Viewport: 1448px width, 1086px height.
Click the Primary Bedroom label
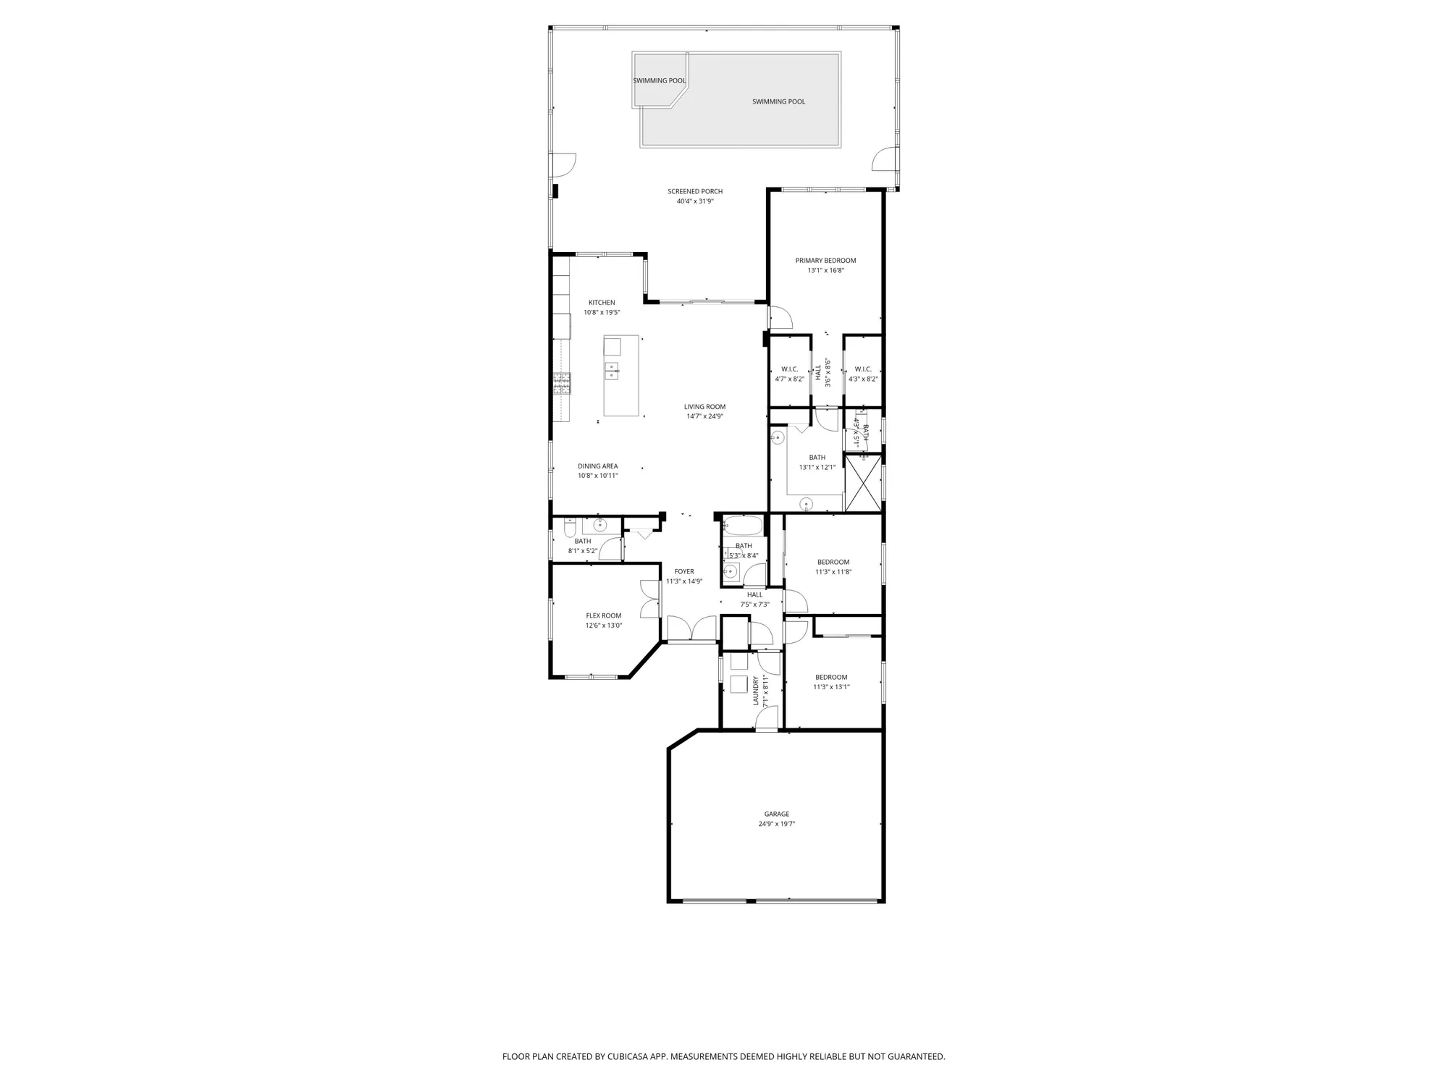pyautogui.click(x=825, y=261)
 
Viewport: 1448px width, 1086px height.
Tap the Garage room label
pyautogui.click(x=777, y=814)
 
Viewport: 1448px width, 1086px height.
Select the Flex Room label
pyautogui.click(x=603, y=616)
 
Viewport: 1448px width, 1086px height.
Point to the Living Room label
pyautogui.click(x=704, y=407)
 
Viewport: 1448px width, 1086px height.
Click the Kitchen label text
pyautogui.click(x=602, y=303)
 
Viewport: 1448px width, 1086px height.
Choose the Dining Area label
pyautogui.click(x=597, y=466)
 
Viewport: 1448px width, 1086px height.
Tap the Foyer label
pyautogui.click(x=684, y=571)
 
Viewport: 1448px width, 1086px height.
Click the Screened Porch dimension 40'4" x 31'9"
pyautogui.click(x=695, y=201)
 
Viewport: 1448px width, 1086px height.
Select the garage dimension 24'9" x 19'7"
pyautogui.click(x=777, y=824)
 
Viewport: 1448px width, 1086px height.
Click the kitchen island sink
pyautogui.click(x=612, y=371)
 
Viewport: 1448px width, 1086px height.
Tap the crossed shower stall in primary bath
pyautogui.click(x=863, y=484)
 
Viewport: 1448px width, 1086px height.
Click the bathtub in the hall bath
pyautogui.click(x=742, y=526)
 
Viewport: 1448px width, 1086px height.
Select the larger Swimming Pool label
pyautogui.click(x=778, y=102)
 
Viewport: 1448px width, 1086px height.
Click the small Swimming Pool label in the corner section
pyautogui.click(x=659, y=81)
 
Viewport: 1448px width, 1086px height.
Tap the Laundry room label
pyautogui.click(x=756, y=691)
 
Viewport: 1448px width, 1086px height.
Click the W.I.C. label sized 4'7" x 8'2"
pyautogui.click(x=789, y=369)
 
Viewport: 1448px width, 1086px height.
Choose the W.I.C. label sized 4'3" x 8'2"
pyautogui.click(x=863, y=369)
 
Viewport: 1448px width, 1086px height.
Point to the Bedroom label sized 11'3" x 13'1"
pyautogui.click(x=831, y=678)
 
